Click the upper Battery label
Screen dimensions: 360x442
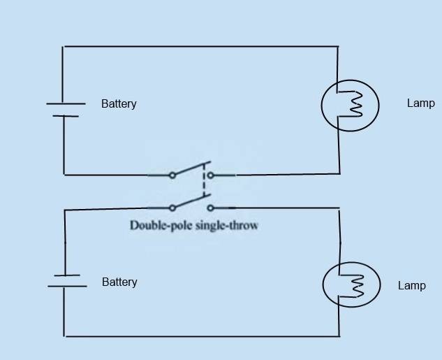119,103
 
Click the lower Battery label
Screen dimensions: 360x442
119,282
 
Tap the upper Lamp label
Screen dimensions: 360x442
420,103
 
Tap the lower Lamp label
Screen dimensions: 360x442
411,286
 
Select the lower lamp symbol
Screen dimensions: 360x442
351,285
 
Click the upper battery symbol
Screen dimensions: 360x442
65,109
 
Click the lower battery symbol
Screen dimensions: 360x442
66,281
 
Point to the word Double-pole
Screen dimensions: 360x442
158,226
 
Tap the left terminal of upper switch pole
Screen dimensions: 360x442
172,175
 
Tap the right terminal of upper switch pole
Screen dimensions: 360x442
210,175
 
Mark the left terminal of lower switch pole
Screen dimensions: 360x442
172,208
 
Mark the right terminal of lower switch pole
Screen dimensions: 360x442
210,208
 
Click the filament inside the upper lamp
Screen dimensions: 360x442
355,105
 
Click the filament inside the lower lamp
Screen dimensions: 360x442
357,285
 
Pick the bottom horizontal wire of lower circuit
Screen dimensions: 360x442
202,336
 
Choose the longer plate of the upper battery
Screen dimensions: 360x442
66,103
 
